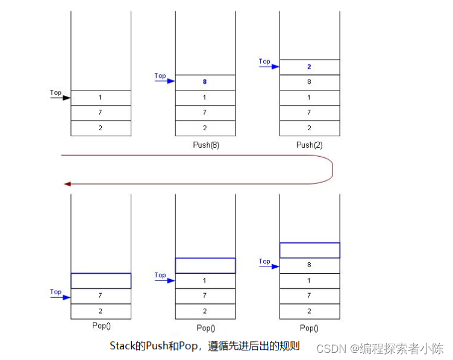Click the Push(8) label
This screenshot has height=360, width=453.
(205, 145)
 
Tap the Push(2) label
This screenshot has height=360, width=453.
(310, 145)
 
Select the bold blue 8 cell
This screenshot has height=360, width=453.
(205, 82)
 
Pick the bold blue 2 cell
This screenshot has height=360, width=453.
(310, 67)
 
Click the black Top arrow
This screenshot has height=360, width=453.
(60, 97)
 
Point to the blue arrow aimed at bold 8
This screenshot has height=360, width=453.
(164, 81)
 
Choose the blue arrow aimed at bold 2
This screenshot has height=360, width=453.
(269, 66)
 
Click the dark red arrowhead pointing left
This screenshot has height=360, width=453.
(67, 183)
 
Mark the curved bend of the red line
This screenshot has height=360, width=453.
(332, 169)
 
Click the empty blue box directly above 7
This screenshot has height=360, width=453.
(101, 280)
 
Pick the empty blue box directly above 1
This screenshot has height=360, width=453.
(205, 265)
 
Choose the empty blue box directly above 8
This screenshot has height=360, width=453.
(310, 250)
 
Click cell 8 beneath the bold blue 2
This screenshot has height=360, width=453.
(310, 82)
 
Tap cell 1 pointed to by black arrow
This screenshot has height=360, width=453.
(101, 97)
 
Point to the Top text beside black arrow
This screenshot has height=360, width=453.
(55, 92)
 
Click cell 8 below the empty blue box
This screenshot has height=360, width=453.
(310, 265)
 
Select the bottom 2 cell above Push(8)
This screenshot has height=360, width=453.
(205, 128)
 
